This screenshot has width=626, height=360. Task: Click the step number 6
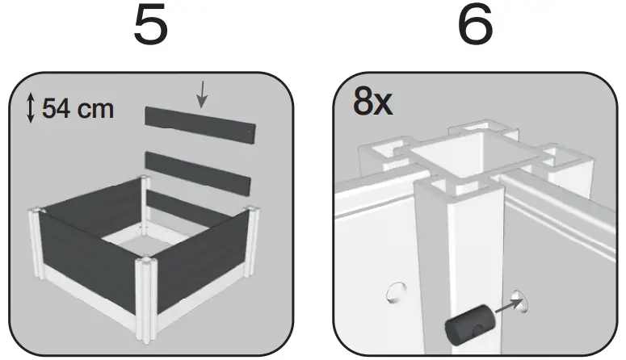coord(475,27)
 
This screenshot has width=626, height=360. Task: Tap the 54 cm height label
coord(78,108)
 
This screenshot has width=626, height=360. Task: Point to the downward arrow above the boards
coord(201,96)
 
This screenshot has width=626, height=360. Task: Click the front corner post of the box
coord(146,295)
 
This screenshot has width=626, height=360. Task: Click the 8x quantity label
coord(373,102)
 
